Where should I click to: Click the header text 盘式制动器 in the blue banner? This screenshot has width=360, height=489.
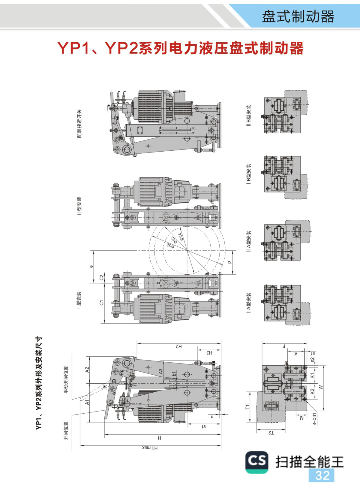coord(298,17)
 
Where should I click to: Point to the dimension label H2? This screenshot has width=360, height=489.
coord(179,346)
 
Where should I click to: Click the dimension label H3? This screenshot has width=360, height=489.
coord(209,353)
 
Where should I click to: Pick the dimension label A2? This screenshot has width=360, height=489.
coord(87,370)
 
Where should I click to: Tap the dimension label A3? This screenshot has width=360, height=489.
coord(160,371)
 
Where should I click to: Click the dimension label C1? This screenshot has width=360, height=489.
coord(101,303)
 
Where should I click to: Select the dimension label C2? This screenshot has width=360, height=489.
coord(101,277)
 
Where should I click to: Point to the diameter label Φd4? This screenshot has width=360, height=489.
coord(181,237)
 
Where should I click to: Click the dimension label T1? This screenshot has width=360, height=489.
coord(247,407)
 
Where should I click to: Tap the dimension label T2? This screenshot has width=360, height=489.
coord(271,433)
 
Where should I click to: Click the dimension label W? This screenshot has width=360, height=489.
coord(320,388)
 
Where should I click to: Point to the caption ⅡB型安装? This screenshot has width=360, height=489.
coord(248,116)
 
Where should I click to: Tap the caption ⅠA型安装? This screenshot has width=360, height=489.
coord(248,303)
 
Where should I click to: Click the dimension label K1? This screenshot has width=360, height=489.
coord(312,376)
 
